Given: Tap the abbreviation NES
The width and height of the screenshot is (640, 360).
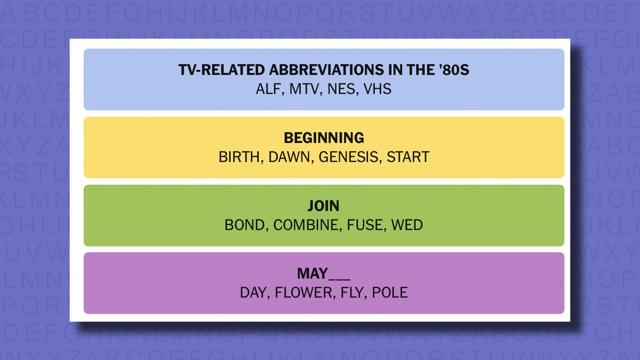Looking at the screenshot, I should pyautogui.click(x=342, y=89).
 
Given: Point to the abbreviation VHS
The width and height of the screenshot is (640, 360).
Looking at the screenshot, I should pyautogui.click(x=377, y=89).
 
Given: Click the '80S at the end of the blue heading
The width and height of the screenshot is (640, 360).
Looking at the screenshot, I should pyautogui.click(x=454, y=70).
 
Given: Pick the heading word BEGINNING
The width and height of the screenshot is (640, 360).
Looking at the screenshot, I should pyautogui.click(x=324, y=138).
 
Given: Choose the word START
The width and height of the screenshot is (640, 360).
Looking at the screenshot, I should pyautogui.click(x=408, y=157).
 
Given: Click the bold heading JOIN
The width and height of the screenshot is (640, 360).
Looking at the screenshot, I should pyautogui.click(x=323, y=206).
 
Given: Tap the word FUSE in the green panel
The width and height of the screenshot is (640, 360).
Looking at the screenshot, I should pyautogui.click(x=365, y=225).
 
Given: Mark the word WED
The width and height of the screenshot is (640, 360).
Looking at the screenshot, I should pyautogui.click(x=407, y=225).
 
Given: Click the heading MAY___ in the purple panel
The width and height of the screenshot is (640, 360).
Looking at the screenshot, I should pyautogui.click(x=323, y=274).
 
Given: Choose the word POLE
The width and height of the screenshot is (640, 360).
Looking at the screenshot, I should pyautogui.click(x=390, y=293).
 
